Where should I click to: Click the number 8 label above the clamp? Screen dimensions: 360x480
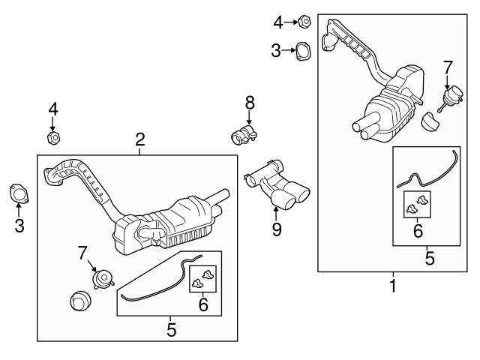pyautogui.click(x=249, y=101)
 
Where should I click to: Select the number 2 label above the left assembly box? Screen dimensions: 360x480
pyautogui.click(x=139, y=138)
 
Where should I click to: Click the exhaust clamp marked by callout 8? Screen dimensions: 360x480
pyautogui.click(x=244, y=135)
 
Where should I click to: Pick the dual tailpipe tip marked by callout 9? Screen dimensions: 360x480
pyautogui.click(x=280, y=188)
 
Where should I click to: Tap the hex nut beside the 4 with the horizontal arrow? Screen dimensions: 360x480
pyautogui.click(x=304, y=22)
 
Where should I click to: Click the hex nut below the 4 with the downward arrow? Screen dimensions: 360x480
pyautogui.click(x=52, y=138)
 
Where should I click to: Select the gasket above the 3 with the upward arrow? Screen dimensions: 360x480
pyautogui.click(x=19, y=193)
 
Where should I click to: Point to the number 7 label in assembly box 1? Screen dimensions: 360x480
pyautogui.click(x=448, y=67)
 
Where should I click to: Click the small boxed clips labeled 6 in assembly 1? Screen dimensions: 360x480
pyautogui.click(x=415, y=203)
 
